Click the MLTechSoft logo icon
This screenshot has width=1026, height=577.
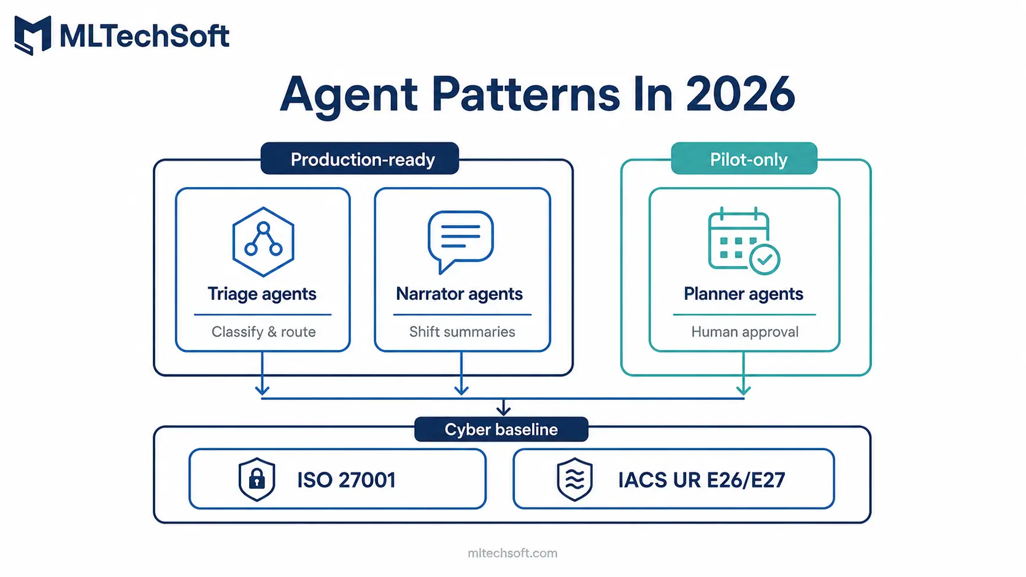33,35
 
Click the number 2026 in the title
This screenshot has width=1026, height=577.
740,94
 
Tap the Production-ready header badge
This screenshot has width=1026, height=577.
360,158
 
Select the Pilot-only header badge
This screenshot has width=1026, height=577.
744,158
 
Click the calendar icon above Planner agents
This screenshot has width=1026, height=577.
743,241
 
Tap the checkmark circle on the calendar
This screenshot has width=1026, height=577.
765,259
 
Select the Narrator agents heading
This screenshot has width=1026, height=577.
460,294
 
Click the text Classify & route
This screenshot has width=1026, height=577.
263,332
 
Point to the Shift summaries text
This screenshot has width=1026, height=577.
462,332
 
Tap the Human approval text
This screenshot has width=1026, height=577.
745,332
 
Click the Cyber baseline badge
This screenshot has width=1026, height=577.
501,429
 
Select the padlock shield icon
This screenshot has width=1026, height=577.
256,479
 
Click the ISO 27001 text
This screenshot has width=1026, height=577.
346,480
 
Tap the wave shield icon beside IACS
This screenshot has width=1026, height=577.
575,479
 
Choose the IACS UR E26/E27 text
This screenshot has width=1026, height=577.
702,480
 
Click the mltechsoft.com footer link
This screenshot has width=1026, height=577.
512,553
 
